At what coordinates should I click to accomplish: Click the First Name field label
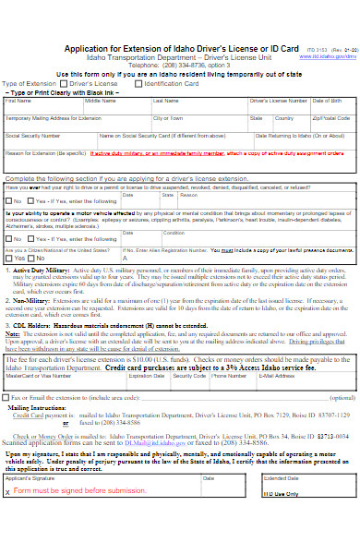coord(18,101)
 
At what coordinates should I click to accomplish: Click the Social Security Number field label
coord(28,136)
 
